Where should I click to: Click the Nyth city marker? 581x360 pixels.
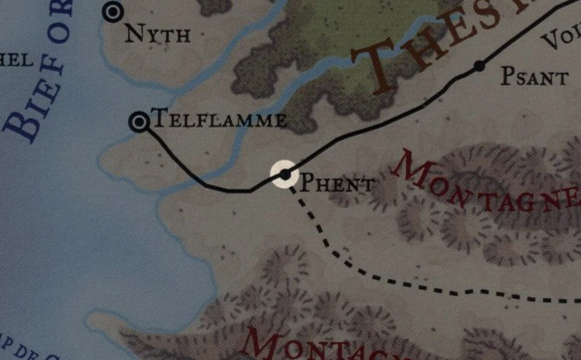113,12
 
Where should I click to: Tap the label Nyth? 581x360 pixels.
158,34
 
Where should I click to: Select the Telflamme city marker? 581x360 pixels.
139,122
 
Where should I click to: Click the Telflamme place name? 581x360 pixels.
220,119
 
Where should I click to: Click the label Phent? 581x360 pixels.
337,184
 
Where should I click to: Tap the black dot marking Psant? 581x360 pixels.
479,66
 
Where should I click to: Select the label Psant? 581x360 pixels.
534,78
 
